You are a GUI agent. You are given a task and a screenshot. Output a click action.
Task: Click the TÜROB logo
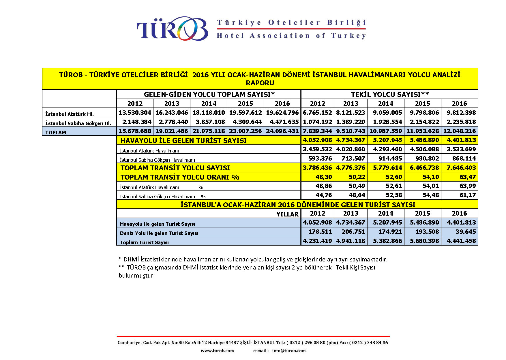172,29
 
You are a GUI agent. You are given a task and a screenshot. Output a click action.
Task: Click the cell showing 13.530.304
135,113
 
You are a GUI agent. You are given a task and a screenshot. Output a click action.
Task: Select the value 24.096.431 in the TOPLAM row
282,131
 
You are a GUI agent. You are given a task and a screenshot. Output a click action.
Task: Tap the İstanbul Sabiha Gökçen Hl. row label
78,123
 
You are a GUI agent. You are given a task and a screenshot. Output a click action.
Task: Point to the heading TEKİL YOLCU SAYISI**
390,94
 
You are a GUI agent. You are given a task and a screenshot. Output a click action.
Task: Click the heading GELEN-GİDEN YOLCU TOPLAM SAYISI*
209,94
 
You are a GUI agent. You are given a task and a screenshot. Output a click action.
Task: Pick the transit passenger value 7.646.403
461,168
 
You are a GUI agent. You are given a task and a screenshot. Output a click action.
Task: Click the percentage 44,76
324,195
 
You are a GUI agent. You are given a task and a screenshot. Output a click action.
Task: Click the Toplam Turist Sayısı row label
144,242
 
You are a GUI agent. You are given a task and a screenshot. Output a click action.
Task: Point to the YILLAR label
287,214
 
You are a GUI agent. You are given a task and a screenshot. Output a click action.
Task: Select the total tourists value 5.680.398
424,241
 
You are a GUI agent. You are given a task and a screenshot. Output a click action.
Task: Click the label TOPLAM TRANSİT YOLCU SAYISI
175,168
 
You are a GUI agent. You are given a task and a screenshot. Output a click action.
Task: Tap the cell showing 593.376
320,159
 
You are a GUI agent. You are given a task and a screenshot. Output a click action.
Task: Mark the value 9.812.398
461,113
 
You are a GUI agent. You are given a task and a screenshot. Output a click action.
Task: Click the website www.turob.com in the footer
217,351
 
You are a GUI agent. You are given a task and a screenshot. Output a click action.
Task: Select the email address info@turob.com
289,351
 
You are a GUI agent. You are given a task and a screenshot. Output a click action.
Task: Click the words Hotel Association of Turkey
291,36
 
